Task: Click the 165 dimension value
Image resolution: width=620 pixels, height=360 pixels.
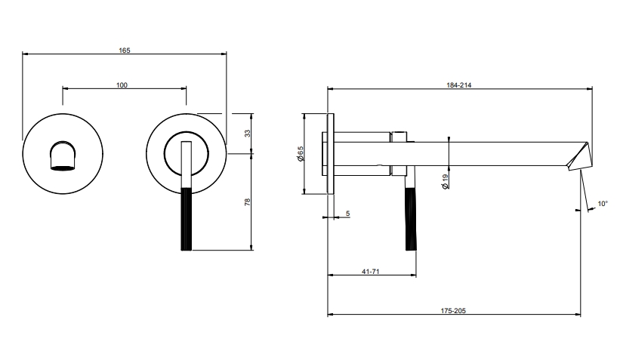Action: coord(125,50)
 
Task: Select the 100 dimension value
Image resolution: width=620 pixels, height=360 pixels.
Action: coord(122,85)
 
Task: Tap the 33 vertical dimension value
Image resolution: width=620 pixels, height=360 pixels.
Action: coord(246,134)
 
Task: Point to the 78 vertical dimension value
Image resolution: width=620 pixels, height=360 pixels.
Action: coord(246,202)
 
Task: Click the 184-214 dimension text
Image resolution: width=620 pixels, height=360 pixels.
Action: coord(459,85)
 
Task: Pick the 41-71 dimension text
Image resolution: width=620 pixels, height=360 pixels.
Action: coord(369,272)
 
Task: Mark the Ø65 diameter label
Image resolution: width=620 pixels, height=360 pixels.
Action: coord(300,155)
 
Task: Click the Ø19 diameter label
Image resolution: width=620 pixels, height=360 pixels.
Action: coord(446,181)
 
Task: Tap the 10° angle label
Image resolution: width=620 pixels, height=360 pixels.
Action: coord(602,204)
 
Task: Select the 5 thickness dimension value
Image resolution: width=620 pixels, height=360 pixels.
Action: coord(347,214)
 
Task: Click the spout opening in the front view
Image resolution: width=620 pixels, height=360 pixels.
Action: coord(62,156)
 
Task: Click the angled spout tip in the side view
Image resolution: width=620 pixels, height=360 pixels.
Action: coord(580,155)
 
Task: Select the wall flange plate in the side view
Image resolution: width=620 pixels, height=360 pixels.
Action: coord(330,154)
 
